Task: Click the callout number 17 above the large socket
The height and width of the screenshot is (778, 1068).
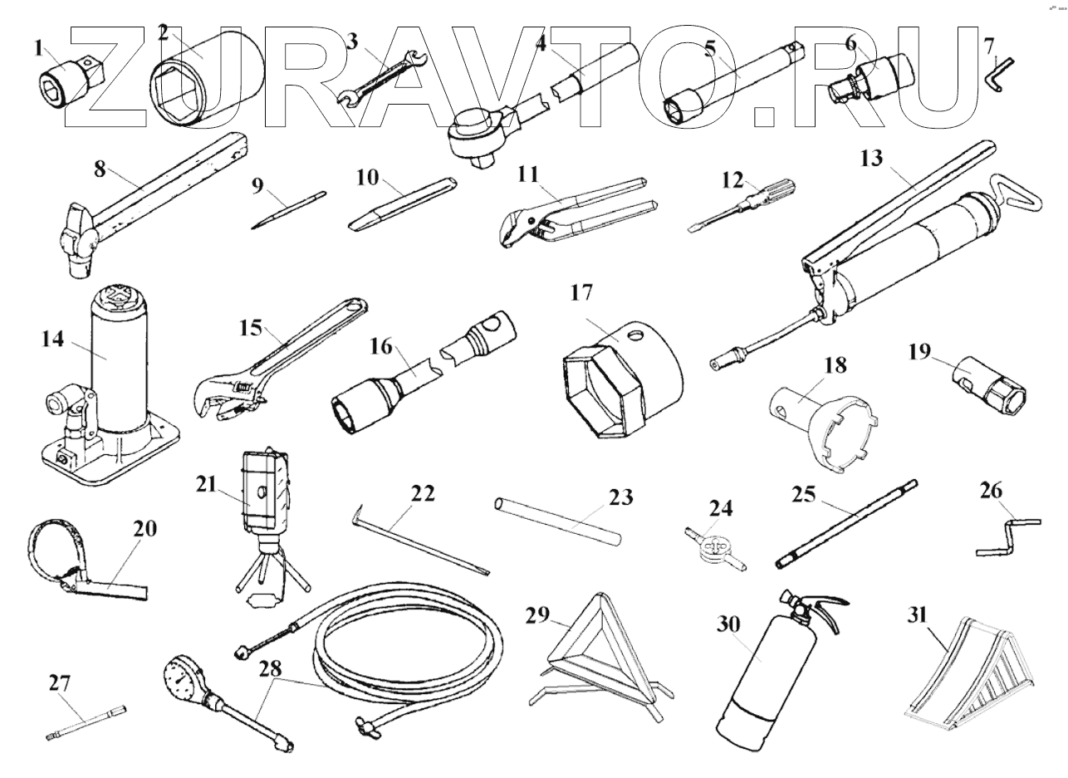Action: pos(581,293)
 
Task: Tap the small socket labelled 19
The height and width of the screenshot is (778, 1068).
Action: pos(992,384)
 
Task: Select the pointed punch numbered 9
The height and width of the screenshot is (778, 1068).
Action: pos(287,208)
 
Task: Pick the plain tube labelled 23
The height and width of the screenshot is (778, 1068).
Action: pos(558,521)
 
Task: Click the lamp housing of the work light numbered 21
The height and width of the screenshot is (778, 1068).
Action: pos(265,493)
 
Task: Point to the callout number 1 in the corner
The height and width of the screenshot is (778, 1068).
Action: pos(37,49)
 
